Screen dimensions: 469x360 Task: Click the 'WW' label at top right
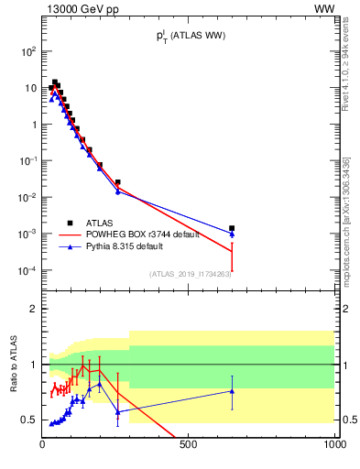click(324, 8)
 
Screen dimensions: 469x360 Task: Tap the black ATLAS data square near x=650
click(232, 228)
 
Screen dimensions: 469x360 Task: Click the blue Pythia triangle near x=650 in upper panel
click(232, 234)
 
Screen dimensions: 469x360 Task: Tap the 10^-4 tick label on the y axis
click(28, 271)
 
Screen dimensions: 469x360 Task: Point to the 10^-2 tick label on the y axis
click(28, 198)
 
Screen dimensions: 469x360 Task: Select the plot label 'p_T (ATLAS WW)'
click(190, 36)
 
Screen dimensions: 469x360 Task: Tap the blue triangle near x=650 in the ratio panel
click(232, 391)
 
